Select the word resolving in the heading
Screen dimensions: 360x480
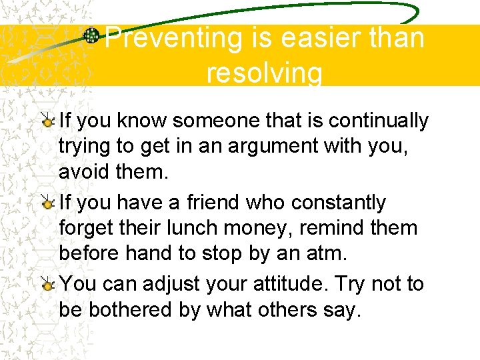coord(265,72)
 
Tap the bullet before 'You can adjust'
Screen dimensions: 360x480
coord(48,285)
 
